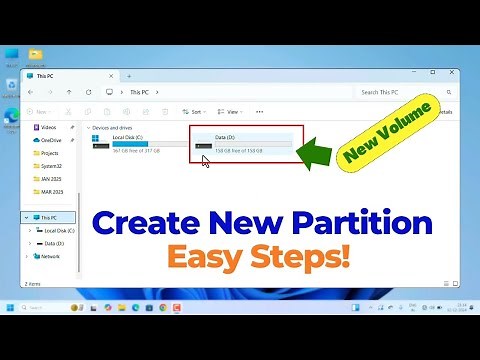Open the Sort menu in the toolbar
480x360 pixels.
(x=194, y=112)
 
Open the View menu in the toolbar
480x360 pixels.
(x=231, y=112)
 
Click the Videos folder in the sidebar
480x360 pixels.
(x=49, y=128)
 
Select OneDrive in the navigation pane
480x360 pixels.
(x=51, y=141)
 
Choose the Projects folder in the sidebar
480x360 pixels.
(x=51, y=154)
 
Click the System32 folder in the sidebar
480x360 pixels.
(x=52, y=166)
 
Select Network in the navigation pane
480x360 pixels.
(x=50, y=256)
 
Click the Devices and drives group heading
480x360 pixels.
(x=111, y=128)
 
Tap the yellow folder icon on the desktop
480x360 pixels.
(x=36, y=55)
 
